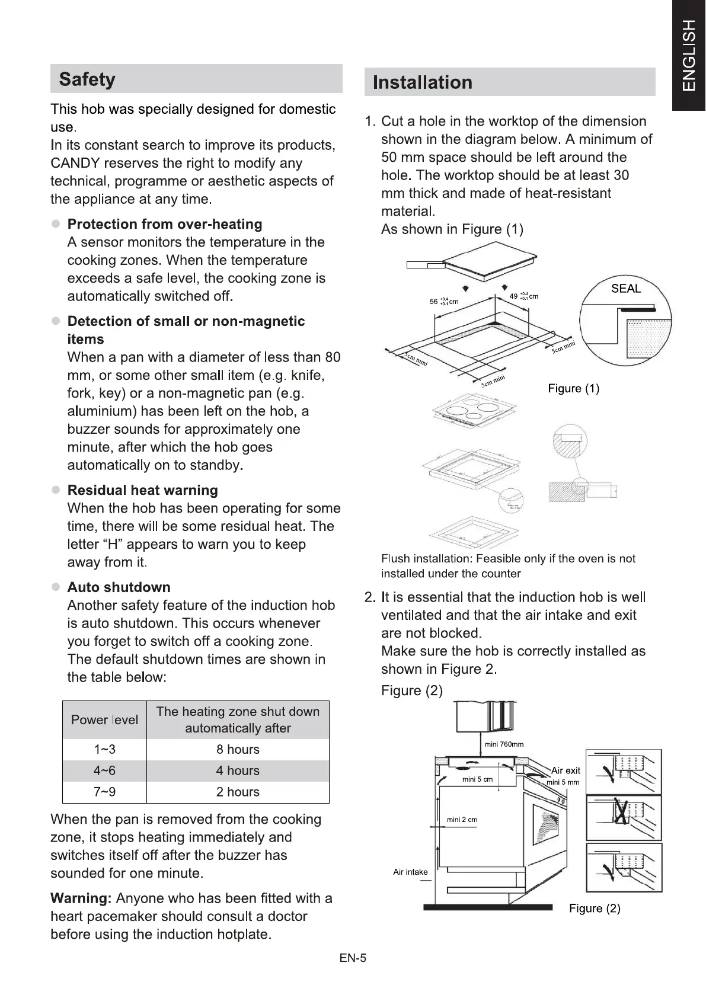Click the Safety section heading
[x=87, y=79]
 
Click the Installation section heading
[x=422, y=82]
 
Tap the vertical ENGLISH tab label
[x=688, y=55]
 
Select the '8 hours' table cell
[x=238, y=750]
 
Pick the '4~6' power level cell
[x=104, y=771]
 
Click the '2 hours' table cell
[x=238, y=792]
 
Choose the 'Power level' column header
[x=104, y=720]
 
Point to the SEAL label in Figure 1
[x=626, y=289]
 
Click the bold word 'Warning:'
[x=81, y=898]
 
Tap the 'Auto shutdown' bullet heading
[x=119, y=587]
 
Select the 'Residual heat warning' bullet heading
[x=142, y=490]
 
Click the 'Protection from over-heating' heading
[x=165, y=224]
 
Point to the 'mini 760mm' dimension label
[x=504, y=744]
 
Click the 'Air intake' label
[x=410, y=872]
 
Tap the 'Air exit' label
[x=566, y=770]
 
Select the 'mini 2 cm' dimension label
[x=462, y=820]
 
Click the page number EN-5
[x=353, y=958]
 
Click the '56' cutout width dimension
[x=434, y=301]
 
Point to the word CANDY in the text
[x=75, y=163]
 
